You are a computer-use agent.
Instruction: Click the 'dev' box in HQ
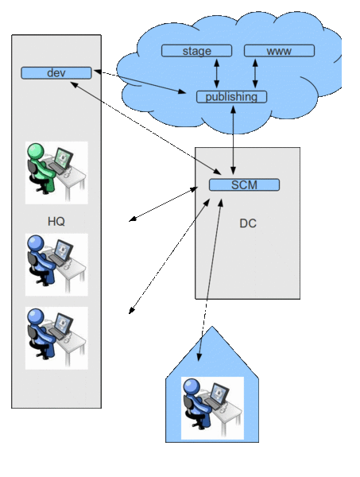(x=56, y=73)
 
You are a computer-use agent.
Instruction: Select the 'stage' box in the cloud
(x=196, y=51)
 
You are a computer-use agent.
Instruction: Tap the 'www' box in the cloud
(x=279, y=51)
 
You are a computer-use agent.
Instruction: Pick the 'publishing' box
(x=231, y=97)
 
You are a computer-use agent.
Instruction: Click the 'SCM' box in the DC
(x=244, y=185)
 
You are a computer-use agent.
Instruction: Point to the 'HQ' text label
(x=56, y=220)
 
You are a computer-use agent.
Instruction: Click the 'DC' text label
(x=248, y=223)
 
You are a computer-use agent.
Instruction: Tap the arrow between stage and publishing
(x=217, y=73)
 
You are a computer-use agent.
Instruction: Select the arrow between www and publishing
(x=255, y=73)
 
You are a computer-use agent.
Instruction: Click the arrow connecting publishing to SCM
(x=233, y=140)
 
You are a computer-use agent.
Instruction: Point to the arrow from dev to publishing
(x=143, y=83)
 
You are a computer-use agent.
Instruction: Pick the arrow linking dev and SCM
(x=151, y=127)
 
